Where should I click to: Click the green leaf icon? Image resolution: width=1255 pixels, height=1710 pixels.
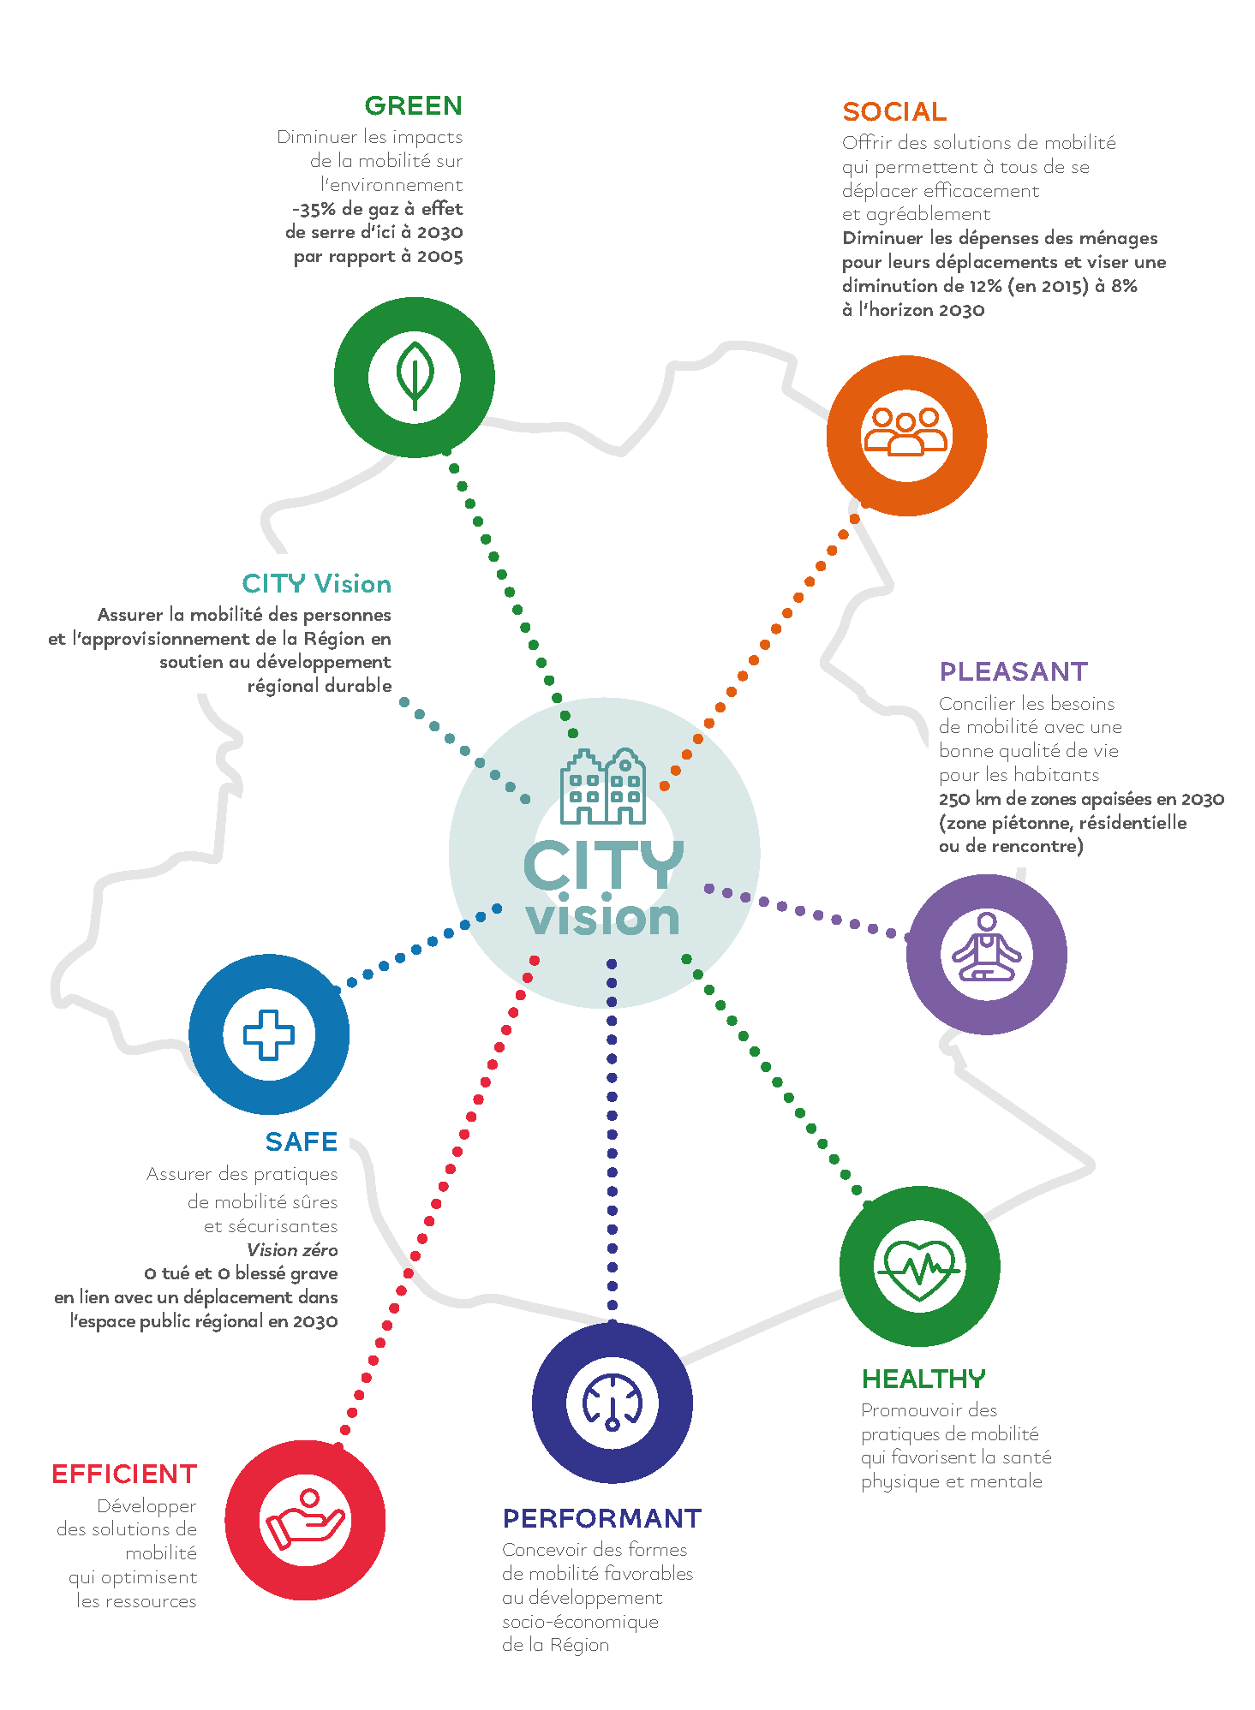[x=415, y=377]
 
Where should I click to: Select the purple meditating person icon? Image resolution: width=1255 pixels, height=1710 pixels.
[x=987, y=947]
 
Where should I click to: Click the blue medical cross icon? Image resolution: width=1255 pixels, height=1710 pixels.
[x=269, y=1034]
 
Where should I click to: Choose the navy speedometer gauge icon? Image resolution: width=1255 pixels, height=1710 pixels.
[x=613, y=1403]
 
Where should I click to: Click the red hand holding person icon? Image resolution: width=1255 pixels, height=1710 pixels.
[x=305, y=1520]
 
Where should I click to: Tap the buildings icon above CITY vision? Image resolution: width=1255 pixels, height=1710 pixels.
[x=603, y=786]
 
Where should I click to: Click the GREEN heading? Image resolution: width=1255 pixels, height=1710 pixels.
[x=413, y=105]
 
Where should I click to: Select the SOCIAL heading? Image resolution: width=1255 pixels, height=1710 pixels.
[x=894, y=111]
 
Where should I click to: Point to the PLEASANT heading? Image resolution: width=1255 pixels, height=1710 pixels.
[x=1013, y=671]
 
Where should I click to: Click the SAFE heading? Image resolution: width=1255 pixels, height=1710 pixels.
[x=302, y=1141]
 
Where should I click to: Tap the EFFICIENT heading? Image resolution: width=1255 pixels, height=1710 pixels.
[x=124, y=1474]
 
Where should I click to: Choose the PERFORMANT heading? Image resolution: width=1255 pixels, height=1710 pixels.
[x=602, y=1518]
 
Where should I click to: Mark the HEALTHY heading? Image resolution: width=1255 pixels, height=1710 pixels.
[x=923, y=1379]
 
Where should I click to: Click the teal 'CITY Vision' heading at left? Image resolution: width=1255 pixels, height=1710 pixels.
[x=317, y=584]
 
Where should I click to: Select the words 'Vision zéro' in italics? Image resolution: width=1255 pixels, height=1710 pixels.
[x=292, y=1249]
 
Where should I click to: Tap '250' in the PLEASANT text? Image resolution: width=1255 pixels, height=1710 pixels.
[x=954, y=799]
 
